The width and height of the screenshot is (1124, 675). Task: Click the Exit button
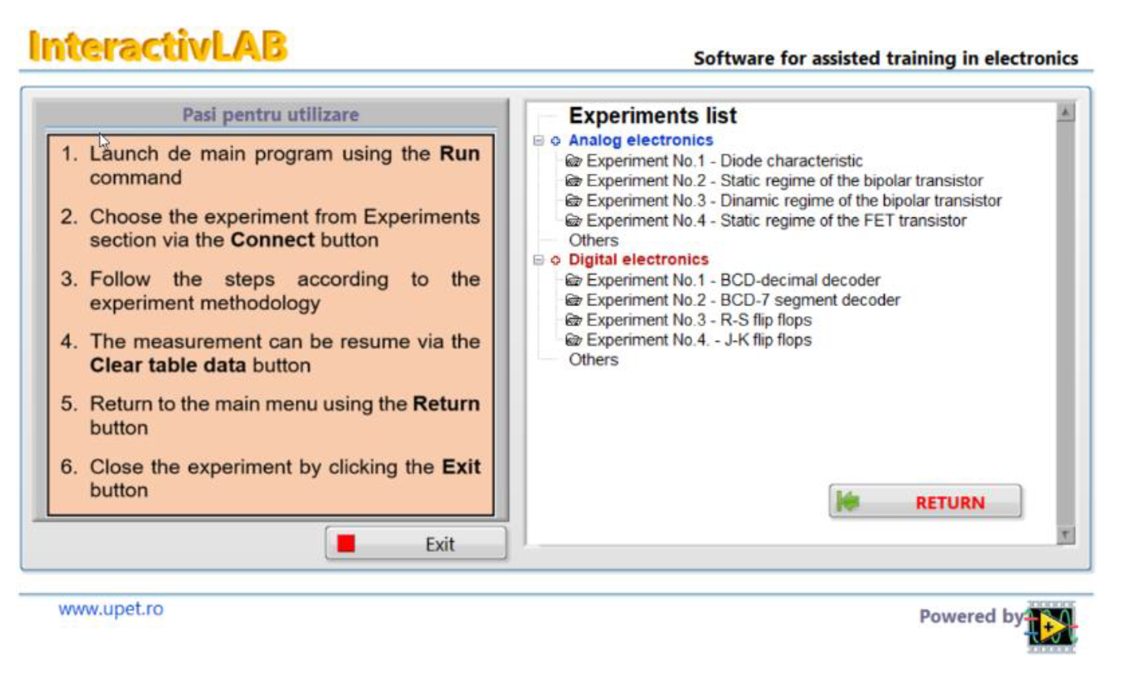[x=416, y=544]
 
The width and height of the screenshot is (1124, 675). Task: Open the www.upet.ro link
[x=111, y=609]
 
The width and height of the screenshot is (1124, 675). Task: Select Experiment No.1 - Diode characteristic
[x=724, y=161]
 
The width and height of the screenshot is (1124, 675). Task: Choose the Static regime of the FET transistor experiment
[x=776, y=221]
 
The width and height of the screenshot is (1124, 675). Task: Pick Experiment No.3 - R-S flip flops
[x=698, y=320]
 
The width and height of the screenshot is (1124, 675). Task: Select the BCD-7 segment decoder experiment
[x=742, y=300]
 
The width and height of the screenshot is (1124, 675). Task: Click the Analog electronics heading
[x=641, y=140]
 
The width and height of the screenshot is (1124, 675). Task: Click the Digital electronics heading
[x=638, y=259]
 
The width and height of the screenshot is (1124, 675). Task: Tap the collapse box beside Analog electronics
[x=539, y=141]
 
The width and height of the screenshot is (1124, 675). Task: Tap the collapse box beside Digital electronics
[x=539, y=260]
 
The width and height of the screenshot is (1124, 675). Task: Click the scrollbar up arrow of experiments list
[x=1065, y=113]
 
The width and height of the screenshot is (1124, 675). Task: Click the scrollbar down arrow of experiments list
[x=1065, y=534]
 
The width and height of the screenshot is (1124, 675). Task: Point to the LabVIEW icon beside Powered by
[x=1051, y=627]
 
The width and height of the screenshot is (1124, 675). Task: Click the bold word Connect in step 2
[x=272, y=240]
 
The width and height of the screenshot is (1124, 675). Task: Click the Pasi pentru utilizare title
[x=271, y=115]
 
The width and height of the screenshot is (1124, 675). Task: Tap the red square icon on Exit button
[x=346, y=544]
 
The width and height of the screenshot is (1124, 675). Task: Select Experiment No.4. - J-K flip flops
[x=698, y=340]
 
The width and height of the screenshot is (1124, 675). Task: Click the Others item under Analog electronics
[x=593, y=240]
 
